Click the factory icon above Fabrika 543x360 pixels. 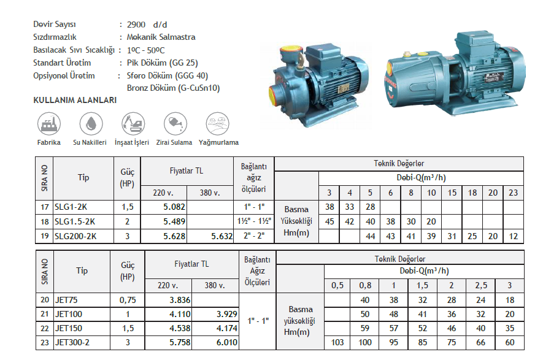click(49, 123)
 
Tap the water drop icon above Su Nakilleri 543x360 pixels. click(91, 123)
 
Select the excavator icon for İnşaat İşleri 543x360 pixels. click(133, 123)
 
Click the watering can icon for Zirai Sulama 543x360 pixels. click(175, 123)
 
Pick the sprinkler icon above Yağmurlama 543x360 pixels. click(217, 123)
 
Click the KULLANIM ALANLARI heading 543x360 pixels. click(75, 101)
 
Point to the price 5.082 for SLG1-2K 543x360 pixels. click(174, 207)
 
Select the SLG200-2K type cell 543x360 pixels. click(75, 237)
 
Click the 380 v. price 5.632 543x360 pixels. click(221, 237)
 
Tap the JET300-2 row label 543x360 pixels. click(72, 343)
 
